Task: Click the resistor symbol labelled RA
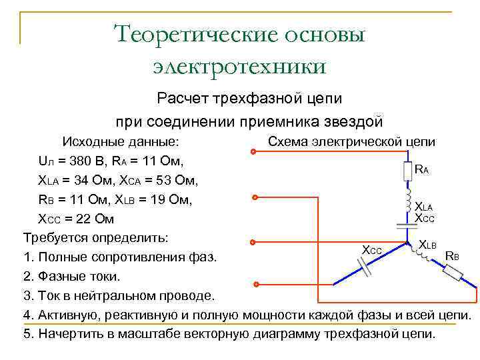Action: coord(407,171)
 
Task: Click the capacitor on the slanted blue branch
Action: coord(365,267)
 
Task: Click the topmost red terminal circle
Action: coord(253,152)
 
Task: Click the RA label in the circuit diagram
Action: coord(422,170)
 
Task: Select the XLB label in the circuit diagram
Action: coord(427,245)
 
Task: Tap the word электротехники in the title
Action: coord(240,66)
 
